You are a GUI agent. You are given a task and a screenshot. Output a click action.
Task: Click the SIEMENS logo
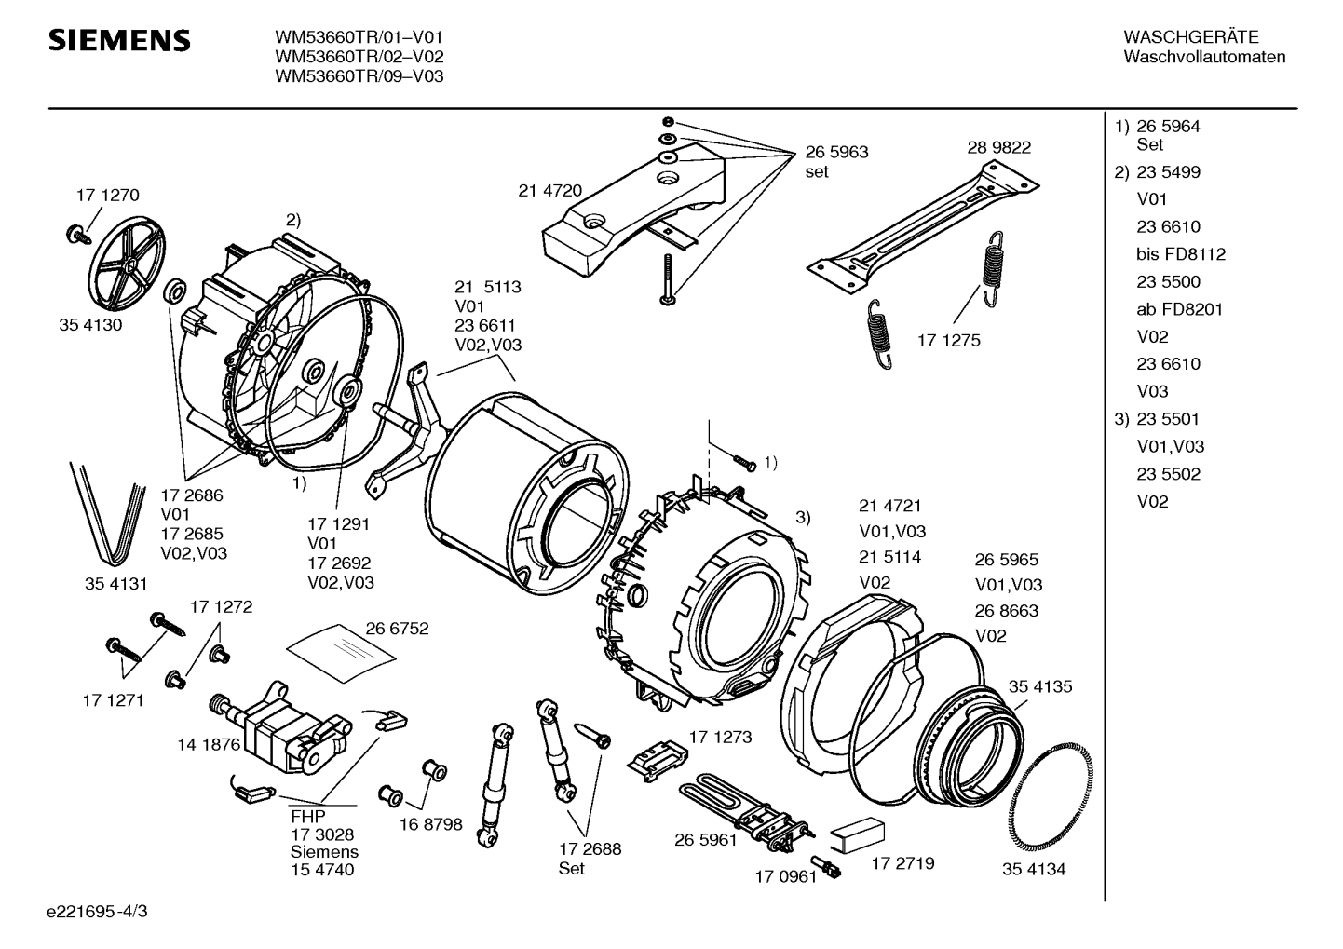119,40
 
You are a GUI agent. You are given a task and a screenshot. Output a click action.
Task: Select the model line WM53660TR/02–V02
359,57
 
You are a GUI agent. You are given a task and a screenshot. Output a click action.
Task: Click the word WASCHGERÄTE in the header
1190,37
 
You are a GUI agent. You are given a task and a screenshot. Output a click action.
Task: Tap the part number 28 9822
998,147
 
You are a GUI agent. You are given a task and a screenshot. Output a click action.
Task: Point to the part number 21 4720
550,191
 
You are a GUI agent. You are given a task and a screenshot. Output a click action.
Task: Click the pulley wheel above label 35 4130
127,264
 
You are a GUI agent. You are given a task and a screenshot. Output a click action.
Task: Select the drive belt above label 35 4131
108,513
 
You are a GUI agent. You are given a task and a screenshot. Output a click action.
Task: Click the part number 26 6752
397,629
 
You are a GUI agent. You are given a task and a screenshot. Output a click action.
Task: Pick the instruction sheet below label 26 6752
341,654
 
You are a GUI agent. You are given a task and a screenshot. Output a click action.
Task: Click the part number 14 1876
209,744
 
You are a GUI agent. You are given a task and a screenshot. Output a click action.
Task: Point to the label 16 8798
431,824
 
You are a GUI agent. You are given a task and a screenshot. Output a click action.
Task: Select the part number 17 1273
720,737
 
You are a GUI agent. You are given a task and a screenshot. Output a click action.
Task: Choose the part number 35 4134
1034,869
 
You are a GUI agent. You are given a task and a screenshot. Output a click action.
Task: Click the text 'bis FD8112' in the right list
1181,254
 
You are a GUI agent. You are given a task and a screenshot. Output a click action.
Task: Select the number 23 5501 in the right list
1168,419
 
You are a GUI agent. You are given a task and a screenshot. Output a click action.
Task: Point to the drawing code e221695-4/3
97,912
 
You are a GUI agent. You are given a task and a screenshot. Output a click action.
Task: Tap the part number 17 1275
948,341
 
